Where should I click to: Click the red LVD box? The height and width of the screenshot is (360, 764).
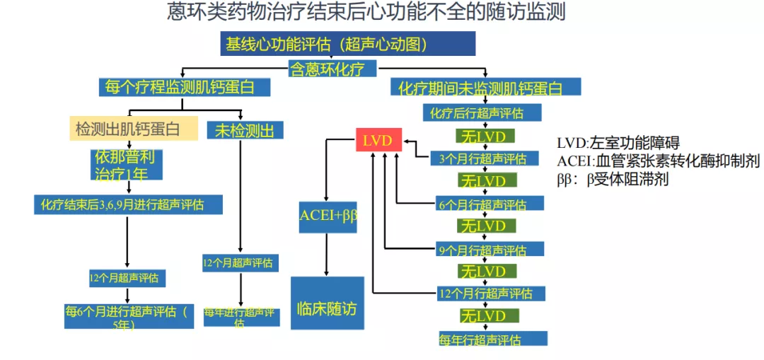pos(376,140)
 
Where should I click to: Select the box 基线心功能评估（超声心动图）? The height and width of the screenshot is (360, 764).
pos(347,44)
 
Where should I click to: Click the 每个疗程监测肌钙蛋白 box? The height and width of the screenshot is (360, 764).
pos(185,87)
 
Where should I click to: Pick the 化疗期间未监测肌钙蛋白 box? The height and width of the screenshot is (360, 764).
pos(485,87)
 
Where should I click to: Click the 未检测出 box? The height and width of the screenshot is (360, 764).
pos(245,129)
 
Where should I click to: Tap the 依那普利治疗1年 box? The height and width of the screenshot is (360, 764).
pos(127,163)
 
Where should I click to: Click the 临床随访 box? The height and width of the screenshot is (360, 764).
pos(327,308)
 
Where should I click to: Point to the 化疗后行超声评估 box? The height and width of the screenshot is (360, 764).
pos(482,112)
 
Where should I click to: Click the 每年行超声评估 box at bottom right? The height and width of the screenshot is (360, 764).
pos(492,338)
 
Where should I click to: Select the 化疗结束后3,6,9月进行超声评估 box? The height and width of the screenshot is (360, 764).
pos(128,205)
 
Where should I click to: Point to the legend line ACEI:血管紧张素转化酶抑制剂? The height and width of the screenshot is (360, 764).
pos(658,161)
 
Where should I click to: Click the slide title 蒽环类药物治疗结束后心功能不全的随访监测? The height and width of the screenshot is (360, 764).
pos(366,13)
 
